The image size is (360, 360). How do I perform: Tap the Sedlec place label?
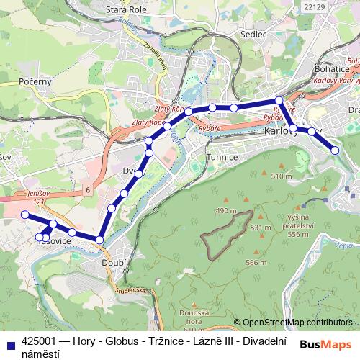tap(254, 33)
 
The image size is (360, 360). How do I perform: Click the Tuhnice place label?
tap(222, 155)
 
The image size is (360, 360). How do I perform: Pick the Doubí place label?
tap(115, 264)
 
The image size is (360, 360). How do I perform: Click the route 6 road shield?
tap(86, 189)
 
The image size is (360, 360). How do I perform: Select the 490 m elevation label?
tap(226, 210)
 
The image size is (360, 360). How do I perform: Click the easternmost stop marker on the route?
tap(335, 150)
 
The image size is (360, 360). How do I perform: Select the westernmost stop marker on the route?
tap(24, 215)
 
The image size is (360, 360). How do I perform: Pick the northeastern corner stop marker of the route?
tap(279, 101)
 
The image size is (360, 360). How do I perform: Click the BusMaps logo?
tap(325, 344)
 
